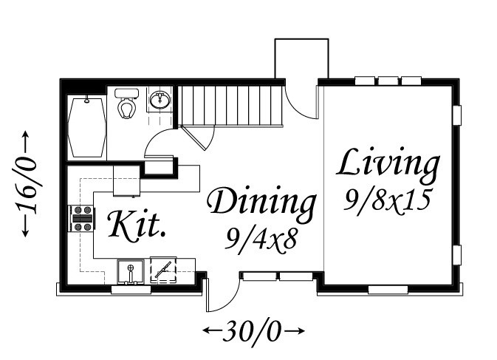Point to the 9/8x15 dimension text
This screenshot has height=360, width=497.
pos(387,200)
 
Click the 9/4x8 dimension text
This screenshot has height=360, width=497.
pos(261,240)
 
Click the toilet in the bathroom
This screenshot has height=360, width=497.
pos(126,103)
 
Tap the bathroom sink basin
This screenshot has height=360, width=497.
pos(160,100)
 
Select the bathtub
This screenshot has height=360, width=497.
pos(86,128)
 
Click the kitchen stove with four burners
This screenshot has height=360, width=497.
pos(81,218)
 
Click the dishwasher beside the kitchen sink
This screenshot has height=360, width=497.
pos(163,271)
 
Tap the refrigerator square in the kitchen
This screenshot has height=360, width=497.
pos(127,180)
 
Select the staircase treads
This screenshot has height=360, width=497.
pos(230,106)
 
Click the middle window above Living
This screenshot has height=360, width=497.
pos(388,81)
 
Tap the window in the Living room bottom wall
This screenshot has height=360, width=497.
pos(388,289)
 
